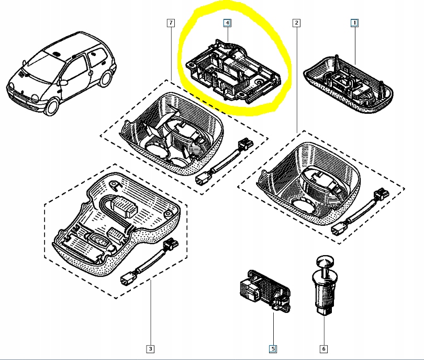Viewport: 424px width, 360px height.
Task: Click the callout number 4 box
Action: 227,23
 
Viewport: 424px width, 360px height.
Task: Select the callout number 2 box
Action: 297,23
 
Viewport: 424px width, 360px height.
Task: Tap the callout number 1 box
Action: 354,23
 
